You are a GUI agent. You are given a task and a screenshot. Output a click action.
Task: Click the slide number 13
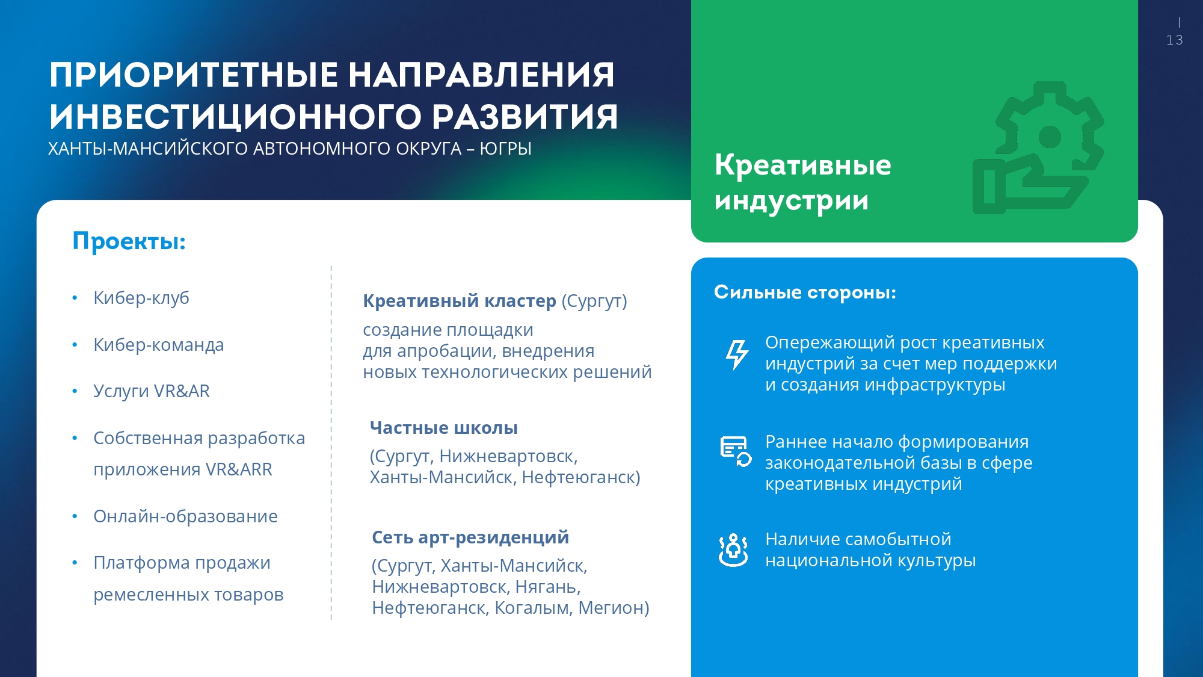coord(1174,40)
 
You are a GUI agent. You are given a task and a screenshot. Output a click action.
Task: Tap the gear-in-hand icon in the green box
coord(1038,148)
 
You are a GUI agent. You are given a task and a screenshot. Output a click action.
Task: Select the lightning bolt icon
coord(736,354)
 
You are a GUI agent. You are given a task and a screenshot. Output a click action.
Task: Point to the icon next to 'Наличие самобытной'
coord(733,549)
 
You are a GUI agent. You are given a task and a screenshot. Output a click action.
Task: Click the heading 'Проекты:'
coord(129,241)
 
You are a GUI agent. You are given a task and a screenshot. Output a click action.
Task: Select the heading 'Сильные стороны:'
coord(805,292)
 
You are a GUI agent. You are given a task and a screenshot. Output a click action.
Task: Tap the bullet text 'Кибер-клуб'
coord(141,298)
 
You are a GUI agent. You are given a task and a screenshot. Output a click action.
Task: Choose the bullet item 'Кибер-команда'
coord(159,345)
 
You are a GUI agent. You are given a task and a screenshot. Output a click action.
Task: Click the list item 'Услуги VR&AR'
coord(152,391)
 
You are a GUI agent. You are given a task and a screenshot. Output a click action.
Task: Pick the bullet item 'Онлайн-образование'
coord(185,516)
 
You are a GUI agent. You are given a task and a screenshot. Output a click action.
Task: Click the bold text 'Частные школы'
coord(444,428)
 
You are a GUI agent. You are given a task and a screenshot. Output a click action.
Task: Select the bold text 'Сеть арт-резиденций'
coord(470,537)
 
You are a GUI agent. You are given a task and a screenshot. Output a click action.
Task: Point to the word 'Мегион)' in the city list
coord(614,608)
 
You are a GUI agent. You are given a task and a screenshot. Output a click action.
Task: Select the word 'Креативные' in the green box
coord(803,165)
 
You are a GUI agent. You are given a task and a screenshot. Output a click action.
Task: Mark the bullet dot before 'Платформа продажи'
coord(75,563)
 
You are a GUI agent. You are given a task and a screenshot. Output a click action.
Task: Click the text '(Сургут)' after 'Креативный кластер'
coord(594,301)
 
